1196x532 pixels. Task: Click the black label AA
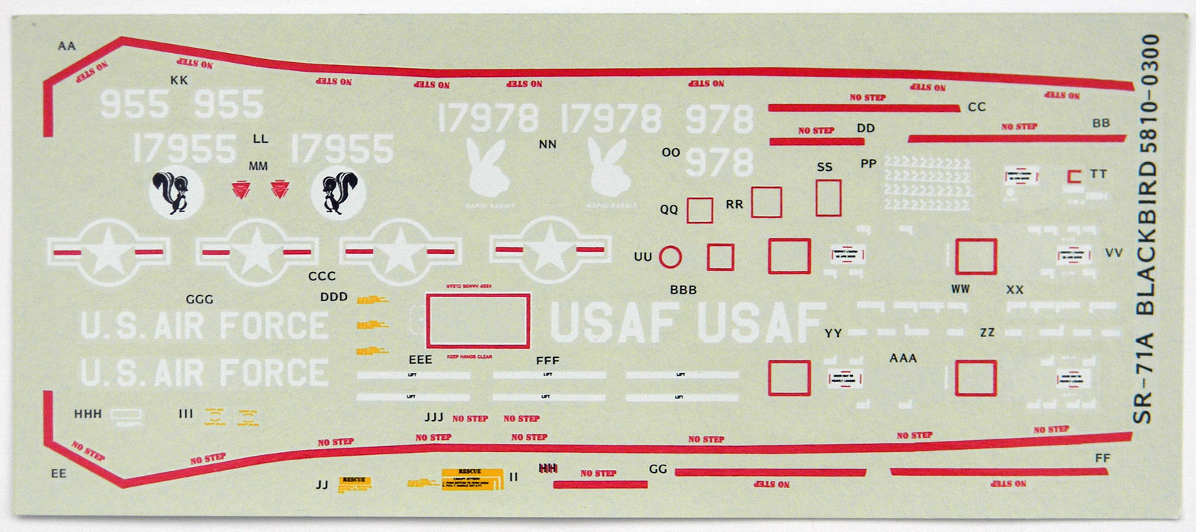point(67,46)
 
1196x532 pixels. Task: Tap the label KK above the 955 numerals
point(179,80)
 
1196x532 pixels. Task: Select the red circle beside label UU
point(671,257)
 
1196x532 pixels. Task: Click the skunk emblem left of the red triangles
point(176,192)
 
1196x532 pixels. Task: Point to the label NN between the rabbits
point(547,144)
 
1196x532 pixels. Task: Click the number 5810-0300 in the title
point(1149,94)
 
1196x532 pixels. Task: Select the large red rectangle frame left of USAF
point(478,321)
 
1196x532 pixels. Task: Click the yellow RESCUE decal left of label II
point(472,478)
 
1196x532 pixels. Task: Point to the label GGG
point(200,300)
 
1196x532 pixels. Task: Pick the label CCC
point(322,276)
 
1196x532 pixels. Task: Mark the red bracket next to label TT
point(1074,177)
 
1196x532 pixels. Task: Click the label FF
point(1102,458)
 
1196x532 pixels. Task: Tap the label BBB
point(683,290)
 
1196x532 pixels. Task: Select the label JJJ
point(434,417)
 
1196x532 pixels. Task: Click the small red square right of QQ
point(700,210)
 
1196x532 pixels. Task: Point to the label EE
point(58,474)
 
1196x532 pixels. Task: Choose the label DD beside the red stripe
point(866,129)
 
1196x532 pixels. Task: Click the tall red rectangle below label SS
point(828,198)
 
